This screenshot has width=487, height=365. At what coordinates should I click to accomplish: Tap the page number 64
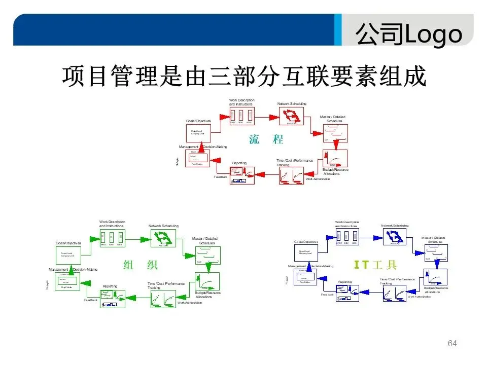[x=453, y=344]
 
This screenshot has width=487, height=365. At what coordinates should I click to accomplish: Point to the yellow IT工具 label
[x=375, y=265]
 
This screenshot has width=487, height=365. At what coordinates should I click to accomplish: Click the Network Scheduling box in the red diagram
[x=292, y=116]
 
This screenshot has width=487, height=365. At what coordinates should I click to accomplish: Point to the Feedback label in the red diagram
[x=221, y=177]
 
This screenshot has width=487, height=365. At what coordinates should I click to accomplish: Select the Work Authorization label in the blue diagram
[x=419, y=297]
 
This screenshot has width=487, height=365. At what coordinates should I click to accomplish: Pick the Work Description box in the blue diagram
[x=347, y=236]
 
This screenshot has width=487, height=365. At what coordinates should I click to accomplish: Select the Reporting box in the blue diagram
[x=347, y=293]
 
